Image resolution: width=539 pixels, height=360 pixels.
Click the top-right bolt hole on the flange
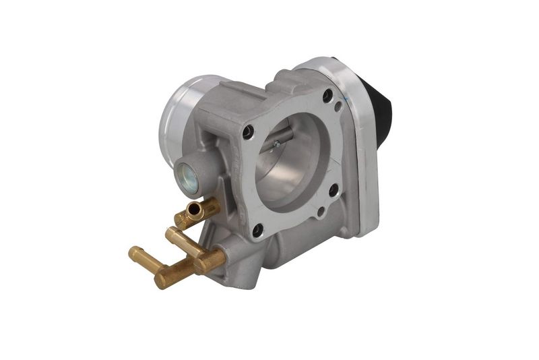coord(328,96)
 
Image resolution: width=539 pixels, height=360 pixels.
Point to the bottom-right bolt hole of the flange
coord(333,191)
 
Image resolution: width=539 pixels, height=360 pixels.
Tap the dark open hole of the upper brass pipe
coord(195,212)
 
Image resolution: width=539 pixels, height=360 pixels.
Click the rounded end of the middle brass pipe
coord(171,233)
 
